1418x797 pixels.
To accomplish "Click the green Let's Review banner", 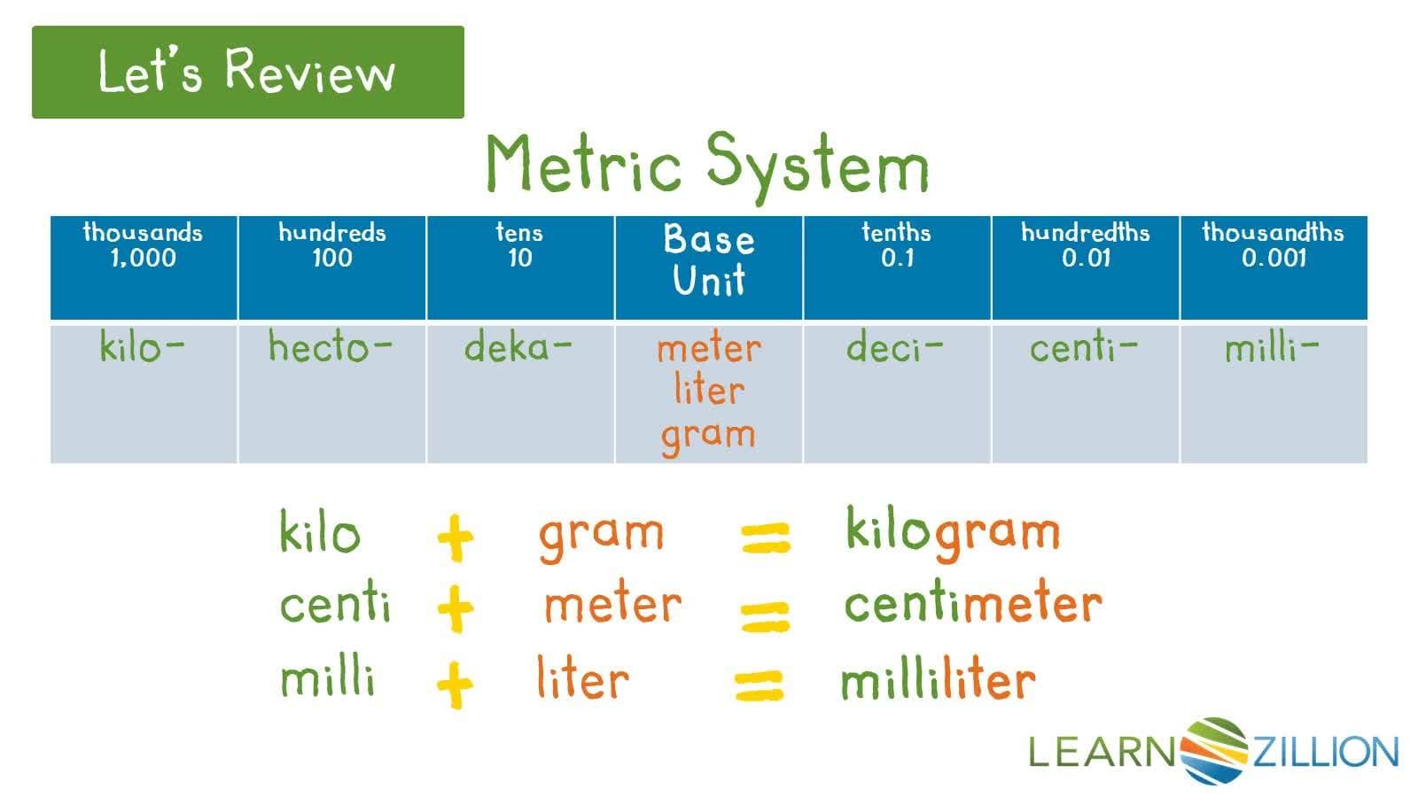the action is (247, 72).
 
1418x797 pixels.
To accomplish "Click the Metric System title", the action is (707, 166).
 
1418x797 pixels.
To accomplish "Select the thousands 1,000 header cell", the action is (144, 267).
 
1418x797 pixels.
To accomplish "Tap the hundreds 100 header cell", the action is (332, 267).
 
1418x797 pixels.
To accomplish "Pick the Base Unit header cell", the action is (709, 267).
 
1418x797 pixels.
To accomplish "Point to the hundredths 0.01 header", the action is (1086, 267).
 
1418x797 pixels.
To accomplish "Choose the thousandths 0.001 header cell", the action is (1274, 267).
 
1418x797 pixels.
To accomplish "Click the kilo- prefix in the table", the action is (142, 346).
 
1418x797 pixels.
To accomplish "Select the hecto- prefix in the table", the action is (330, 346).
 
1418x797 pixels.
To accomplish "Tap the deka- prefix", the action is (518, 346).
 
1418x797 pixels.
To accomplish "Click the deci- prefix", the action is (894, 346).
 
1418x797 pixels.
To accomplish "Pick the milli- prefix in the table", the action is (1272, 346).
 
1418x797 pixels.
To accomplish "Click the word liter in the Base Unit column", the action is (709, 389).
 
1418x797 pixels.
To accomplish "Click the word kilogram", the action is (954, 533).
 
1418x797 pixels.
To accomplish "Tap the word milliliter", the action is (939, 678).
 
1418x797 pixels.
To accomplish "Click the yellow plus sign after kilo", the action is (456, 538).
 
